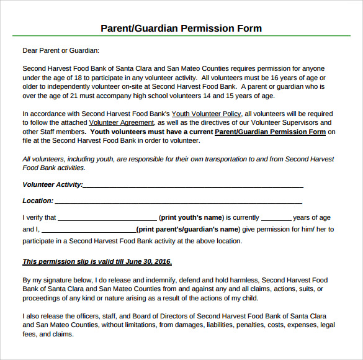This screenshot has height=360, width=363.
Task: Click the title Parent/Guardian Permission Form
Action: [x=181, y=29]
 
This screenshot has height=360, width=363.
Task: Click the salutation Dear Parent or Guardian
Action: [x=61, y=51]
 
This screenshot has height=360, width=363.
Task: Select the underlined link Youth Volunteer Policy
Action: [x=206, y=114]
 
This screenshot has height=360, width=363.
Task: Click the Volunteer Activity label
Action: [x=52, y=184]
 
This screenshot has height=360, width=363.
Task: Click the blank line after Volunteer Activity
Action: [x=192, y=186]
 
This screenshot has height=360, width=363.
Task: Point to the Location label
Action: [x=38, y=200]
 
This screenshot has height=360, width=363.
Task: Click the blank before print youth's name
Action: [x=107, y=219]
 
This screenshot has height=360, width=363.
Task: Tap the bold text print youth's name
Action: [x=191, y=218]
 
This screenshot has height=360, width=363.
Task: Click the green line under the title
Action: [x=181, y=37]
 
